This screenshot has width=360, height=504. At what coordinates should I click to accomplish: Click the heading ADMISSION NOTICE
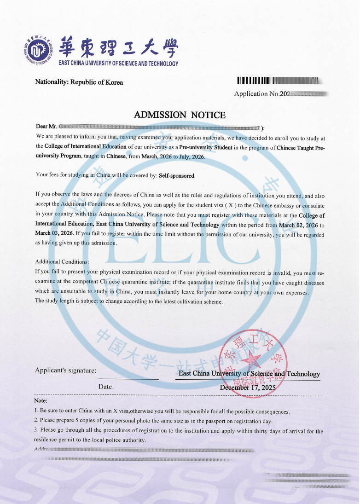tap(180, 115)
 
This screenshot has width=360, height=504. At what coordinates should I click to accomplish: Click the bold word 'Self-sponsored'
tap(176, 176)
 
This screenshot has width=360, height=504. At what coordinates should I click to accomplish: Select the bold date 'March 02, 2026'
tap(299, 226)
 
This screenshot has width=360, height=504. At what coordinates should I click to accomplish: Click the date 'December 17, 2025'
tap(248, 388)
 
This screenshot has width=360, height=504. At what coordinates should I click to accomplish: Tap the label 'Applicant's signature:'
tap(66, 371)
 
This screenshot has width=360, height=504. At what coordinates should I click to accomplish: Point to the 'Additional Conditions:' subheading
tap(62, 262)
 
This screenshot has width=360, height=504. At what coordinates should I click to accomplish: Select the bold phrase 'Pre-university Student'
tap(206, 148)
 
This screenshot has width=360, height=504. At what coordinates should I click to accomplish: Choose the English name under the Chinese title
tap(118, 64)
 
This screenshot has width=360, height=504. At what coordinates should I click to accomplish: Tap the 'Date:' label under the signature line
tap(106, 387)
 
